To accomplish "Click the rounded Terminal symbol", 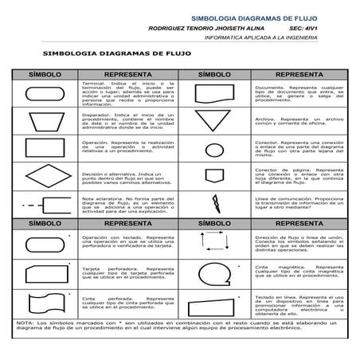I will (x=45, y=94).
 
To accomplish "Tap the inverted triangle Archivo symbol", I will (x=215, y=121).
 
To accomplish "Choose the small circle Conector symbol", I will (x=215, y=149).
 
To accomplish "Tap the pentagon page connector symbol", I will (x=215, y=174).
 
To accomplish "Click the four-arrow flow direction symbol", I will (x=215, y=244).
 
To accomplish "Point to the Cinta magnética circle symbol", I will (x=215, y=274).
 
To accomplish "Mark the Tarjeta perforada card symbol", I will (x=45, y=274).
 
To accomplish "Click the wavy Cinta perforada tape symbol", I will (x=45, y=303).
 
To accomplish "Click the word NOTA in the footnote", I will (x=23, y=322).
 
